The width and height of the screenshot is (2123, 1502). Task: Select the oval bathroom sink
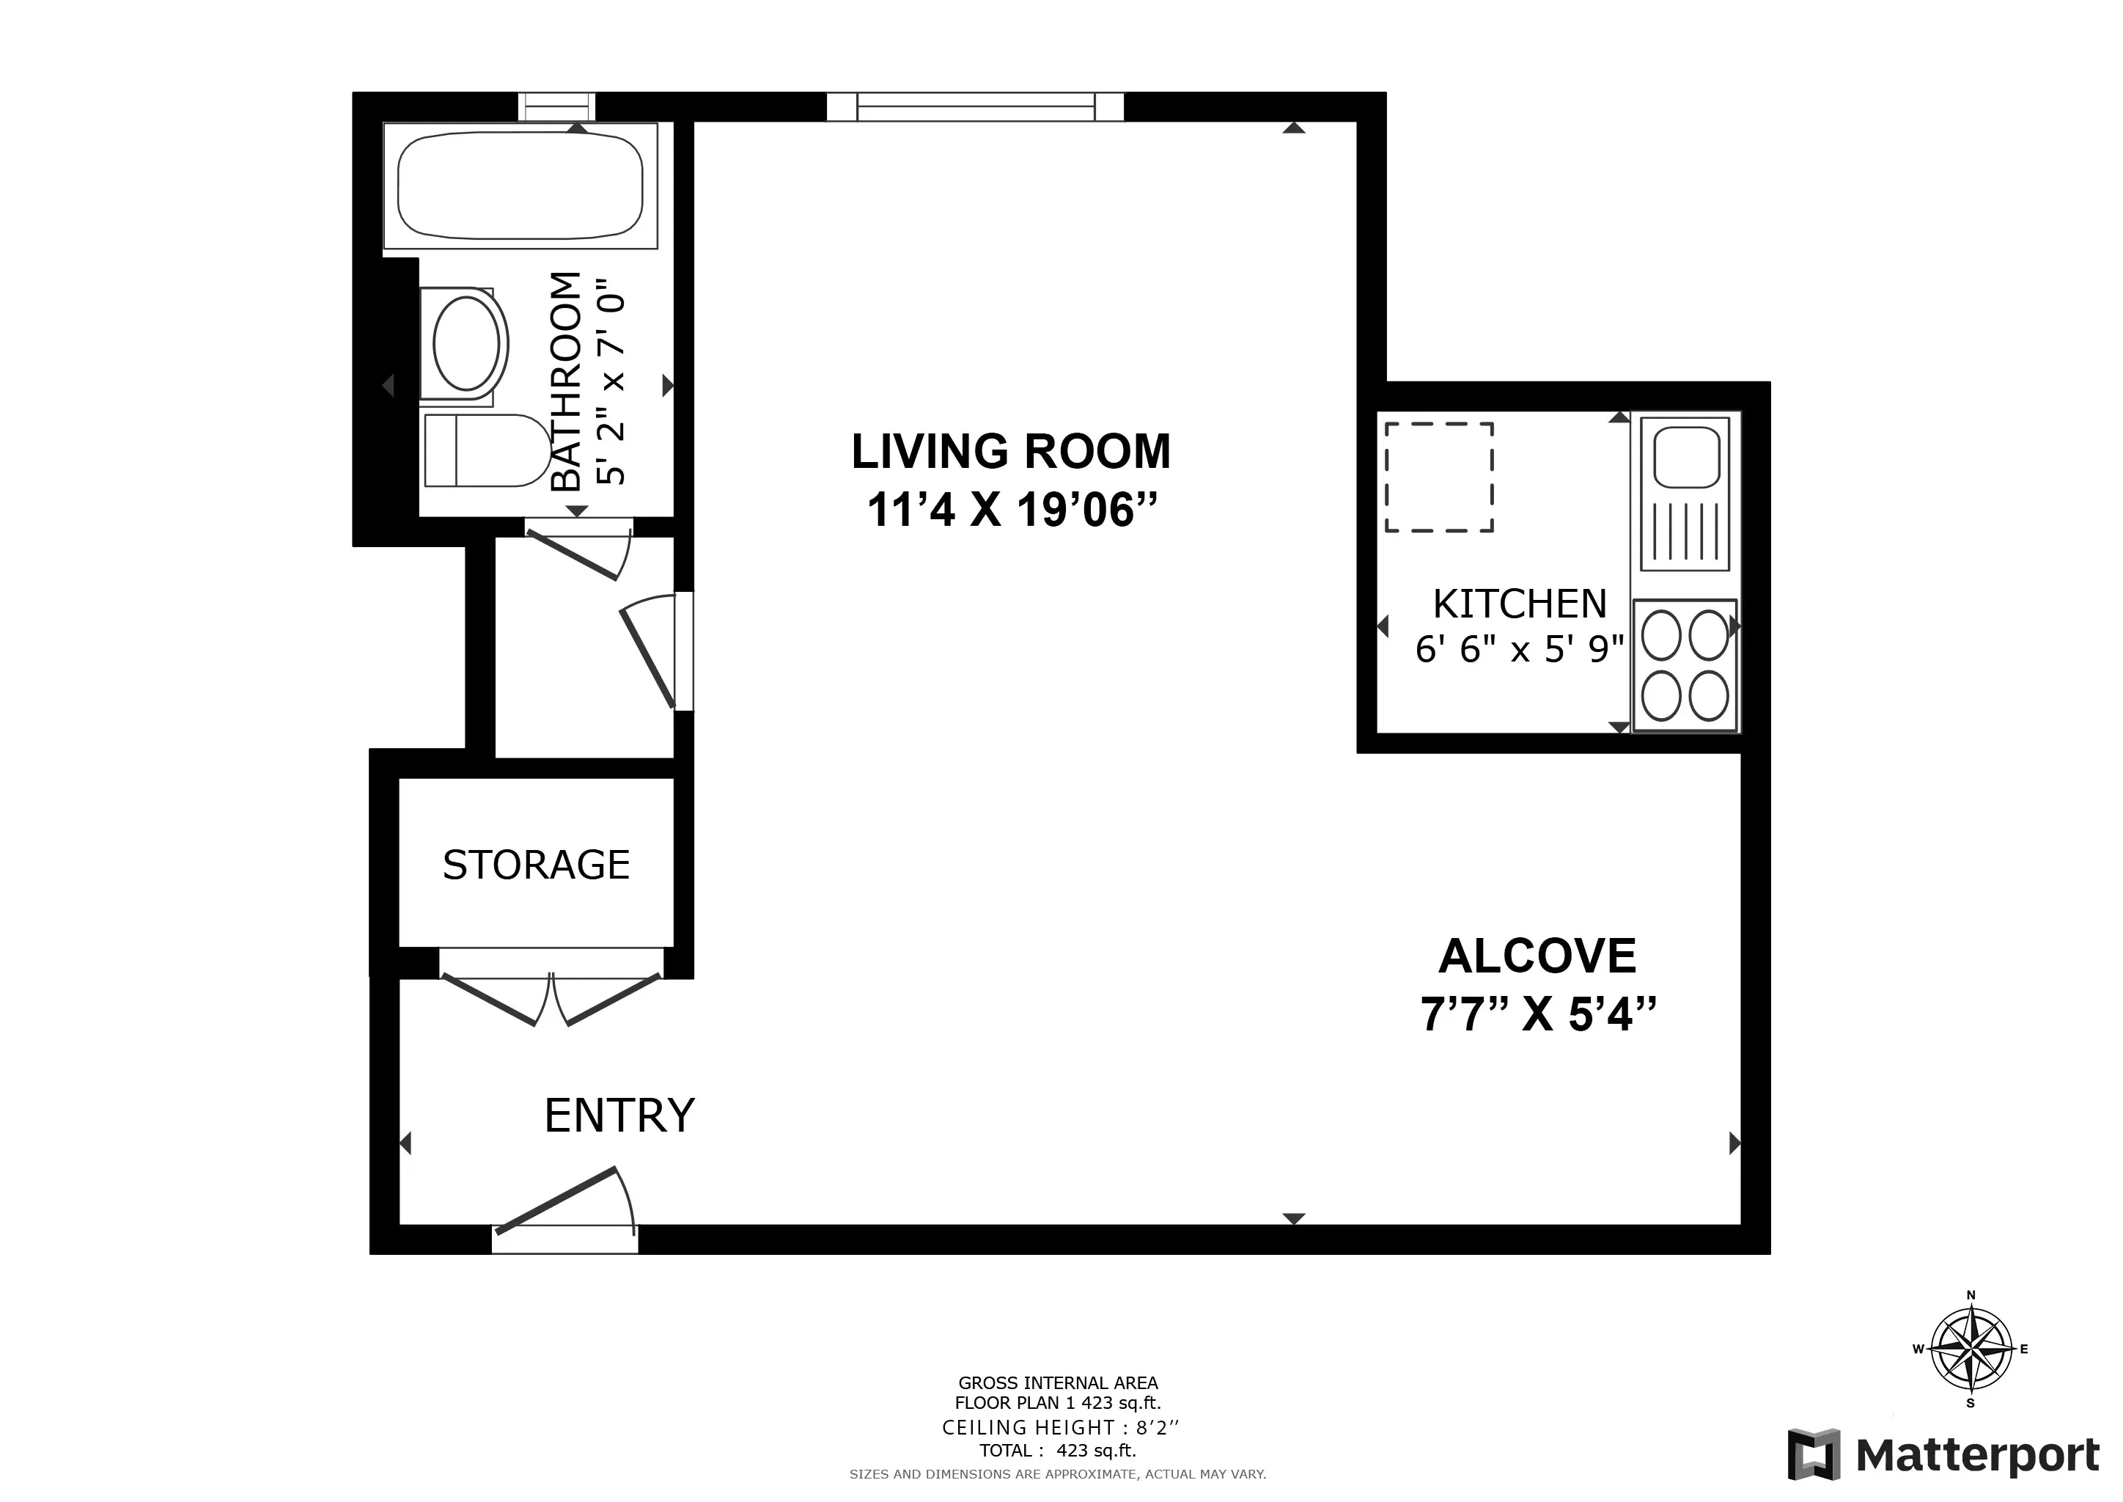tap(467, 344)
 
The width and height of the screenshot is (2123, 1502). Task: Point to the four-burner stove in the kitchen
tap(1685, 665)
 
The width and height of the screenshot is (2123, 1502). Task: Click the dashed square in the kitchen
tap(1439, 477)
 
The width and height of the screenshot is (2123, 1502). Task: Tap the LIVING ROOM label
tap(1011, 453)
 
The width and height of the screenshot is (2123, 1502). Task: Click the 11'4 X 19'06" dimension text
tap(1012, 510)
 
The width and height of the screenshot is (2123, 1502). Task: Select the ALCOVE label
tap(1537, 956)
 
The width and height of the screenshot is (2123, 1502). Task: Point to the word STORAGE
tap(537, 865)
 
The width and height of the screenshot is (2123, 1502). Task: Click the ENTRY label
tap(619, 1115)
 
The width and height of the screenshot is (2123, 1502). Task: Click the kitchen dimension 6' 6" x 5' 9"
tap(1519, 649)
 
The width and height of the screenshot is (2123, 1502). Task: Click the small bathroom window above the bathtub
tap(556, 106)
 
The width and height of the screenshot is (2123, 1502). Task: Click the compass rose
tap(1971, 1349)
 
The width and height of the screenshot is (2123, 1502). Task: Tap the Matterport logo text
tap(1977, 1455)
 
